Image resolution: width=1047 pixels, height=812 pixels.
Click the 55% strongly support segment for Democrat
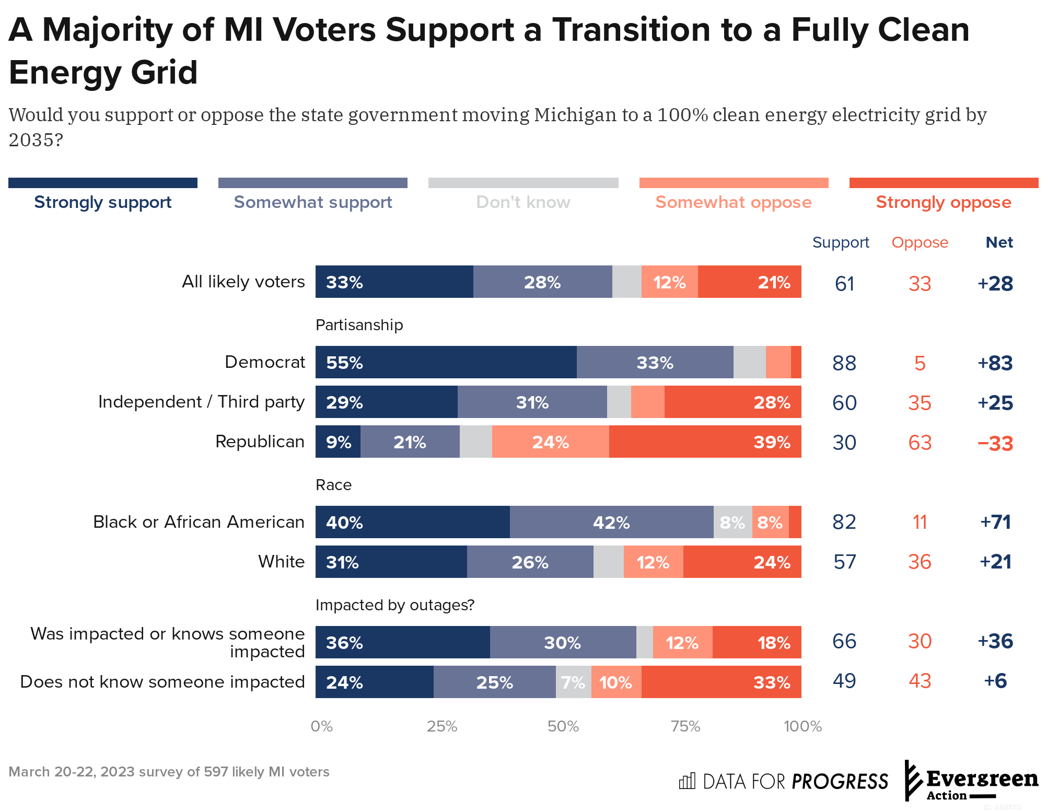point(446,362)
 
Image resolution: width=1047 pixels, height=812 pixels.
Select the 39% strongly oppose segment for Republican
point(705,442)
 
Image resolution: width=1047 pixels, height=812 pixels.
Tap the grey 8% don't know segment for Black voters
point(732,522)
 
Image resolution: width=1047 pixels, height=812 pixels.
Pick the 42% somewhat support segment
point(611,522)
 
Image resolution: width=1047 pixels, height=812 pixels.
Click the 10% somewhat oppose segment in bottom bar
point(616,682)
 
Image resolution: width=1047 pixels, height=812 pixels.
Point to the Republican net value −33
point(995,443)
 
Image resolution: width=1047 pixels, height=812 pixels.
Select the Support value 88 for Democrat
point(844,363)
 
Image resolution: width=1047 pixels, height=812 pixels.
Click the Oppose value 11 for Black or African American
point(920,522)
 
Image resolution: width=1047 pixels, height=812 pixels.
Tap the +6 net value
point(995,681)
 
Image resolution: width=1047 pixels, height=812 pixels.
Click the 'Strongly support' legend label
point(103,202)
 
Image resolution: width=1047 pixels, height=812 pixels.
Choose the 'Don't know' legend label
point(523,202)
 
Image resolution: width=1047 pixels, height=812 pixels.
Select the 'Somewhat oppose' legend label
point(734,202)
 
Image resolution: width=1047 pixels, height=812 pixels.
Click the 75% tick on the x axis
point(685,726)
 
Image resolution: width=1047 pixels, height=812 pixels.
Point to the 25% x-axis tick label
point(442,726)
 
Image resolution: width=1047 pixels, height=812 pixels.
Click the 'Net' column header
point(999,242)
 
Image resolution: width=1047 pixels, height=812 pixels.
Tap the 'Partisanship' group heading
point(359,325)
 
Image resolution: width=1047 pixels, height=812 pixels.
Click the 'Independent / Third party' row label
point(201,402)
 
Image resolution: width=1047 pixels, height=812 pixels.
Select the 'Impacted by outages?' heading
point(395,605)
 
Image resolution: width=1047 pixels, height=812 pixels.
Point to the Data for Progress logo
point(783,781)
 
